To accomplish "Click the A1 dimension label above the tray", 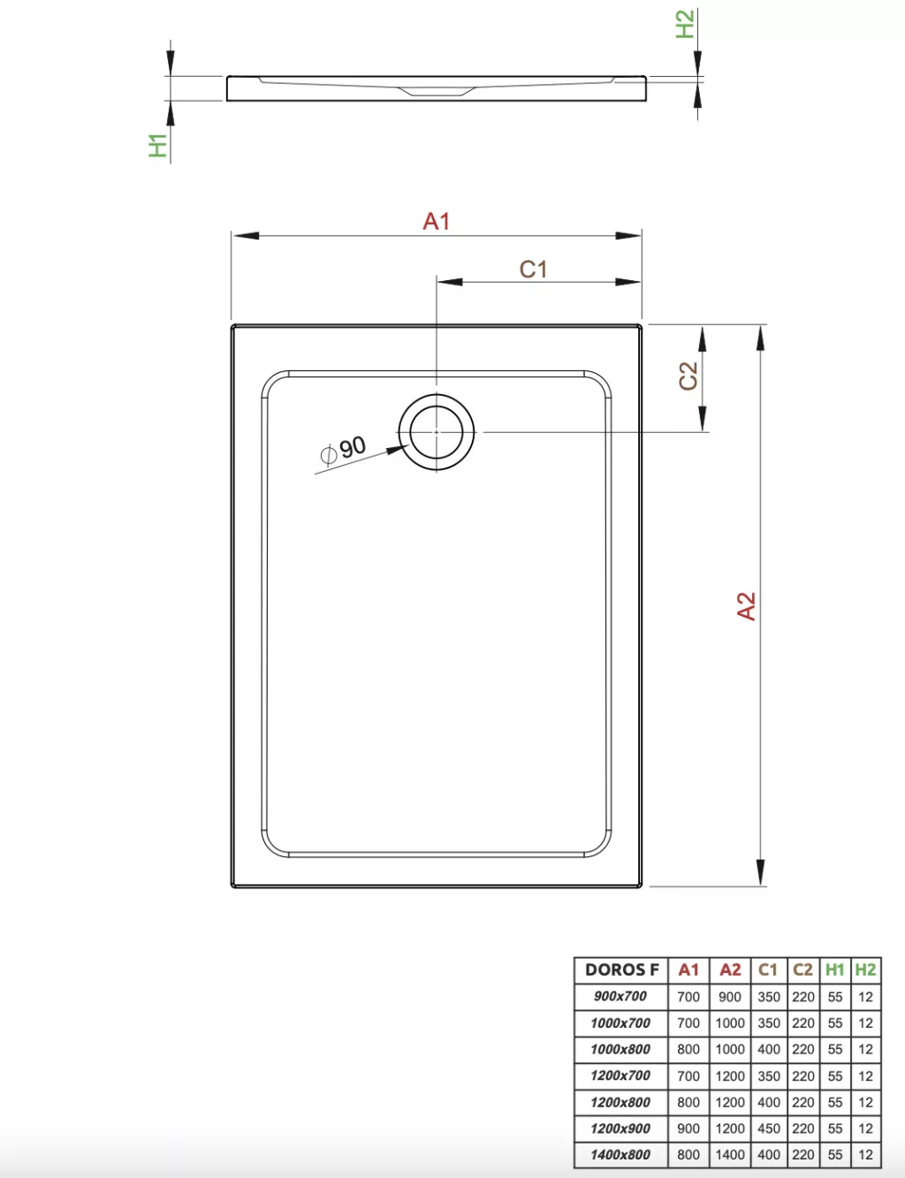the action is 437,221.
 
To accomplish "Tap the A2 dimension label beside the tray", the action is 746,606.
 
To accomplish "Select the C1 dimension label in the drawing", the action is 533,270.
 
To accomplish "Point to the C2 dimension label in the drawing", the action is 688,376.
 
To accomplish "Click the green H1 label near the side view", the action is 157,145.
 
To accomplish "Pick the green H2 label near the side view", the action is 685,25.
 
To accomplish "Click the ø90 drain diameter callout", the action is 343,450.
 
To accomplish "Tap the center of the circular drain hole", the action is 437,432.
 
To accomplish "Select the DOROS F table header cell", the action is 622,969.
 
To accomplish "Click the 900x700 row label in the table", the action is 620,996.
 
